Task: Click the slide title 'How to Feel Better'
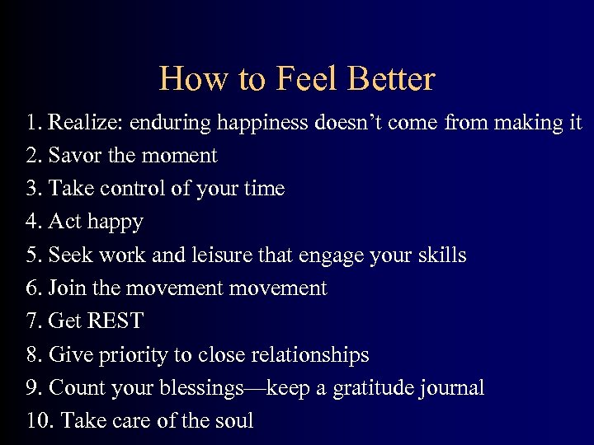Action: point(296,79)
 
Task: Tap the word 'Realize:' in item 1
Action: point(82,123)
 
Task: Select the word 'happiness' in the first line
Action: point(262,123)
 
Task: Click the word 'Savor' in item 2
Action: point(72,156)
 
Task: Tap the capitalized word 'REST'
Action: point(115,321)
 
